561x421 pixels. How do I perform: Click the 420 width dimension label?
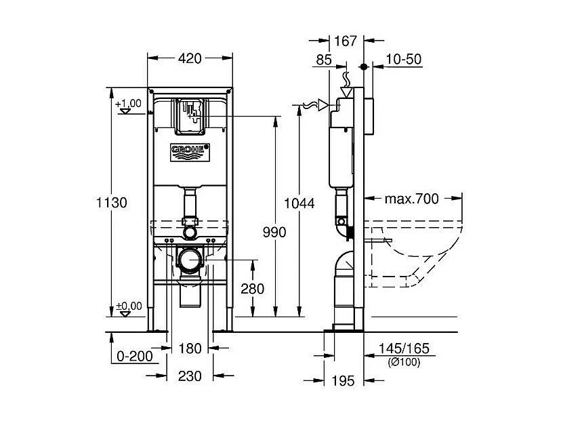[x=190, y=59]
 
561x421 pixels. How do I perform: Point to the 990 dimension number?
[x=274, y=232]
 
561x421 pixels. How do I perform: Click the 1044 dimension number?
[x=299, y=202]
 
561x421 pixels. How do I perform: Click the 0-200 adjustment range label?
[x=134, y=355]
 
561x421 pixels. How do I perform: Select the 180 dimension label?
[x=190, y=348]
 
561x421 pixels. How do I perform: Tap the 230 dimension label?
[x=190, y=376]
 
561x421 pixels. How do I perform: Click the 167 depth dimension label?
[x=346, y=42]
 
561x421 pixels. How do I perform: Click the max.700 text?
[x=411, y=199]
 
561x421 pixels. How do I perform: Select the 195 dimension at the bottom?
[x=344, y=381]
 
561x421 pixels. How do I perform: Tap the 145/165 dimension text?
[x=404, y=349]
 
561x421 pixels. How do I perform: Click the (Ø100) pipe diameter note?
[x=404, y=363]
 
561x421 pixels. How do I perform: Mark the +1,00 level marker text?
[x=128, y=103]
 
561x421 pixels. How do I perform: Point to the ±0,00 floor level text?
[x=129, y=306]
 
